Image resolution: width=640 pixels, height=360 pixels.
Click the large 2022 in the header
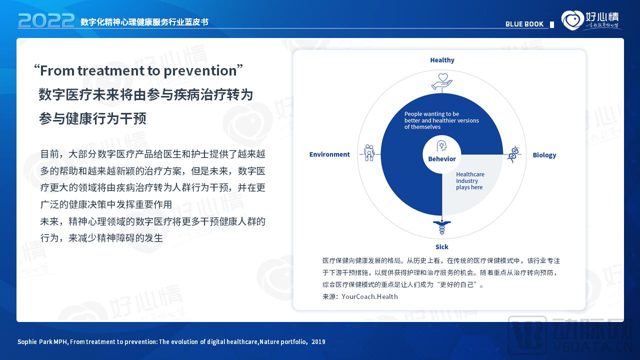click(x=46, y=20)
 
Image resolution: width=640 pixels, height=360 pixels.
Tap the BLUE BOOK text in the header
click(x=524, y=24)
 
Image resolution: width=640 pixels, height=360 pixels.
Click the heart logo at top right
click(x=572, y=20)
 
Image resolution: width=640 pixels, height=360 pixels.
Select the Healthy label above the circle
click(x=442, y=60)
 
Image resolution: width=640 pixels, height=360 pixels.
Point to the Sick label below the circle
click(x=441, y=246)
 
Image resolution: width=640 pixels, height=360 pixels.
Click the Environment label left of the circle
click(x=329, y=154)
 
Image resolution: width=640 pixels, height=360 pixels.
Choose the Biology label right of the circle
click(x=544, y=155)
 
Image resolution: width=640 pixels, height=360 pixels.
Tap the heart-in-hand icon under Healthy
click(x=442, y=81)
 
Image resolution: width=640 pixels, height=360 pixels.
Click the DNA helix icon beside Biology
click(x=513, y=154)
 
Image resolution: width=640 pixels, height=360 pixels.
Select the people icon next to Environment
click(x=369, y=152)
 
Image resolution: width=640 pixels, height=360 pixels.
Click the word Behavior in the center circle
click(x=442, y=159)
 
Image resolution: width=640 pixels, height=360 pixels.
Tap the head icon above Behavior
click(x=442, y=146)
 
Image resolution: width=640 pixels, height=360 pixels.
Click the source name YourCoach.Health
click(x=370, y=296)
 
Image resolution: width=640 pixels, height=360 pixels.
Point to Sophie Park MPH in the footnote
click(x=42, y=342)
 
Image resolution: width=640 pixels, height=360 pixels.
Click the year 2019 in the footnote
click(x=318, y=342)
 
